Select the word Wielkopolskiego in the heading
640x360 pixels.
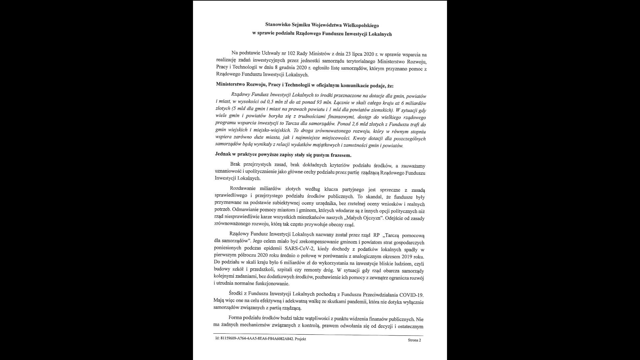pos(361,25)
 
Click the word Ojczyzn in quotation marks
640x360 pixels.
pos(373,218)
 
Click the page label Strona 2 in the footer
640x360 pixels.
pos(414,340)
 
